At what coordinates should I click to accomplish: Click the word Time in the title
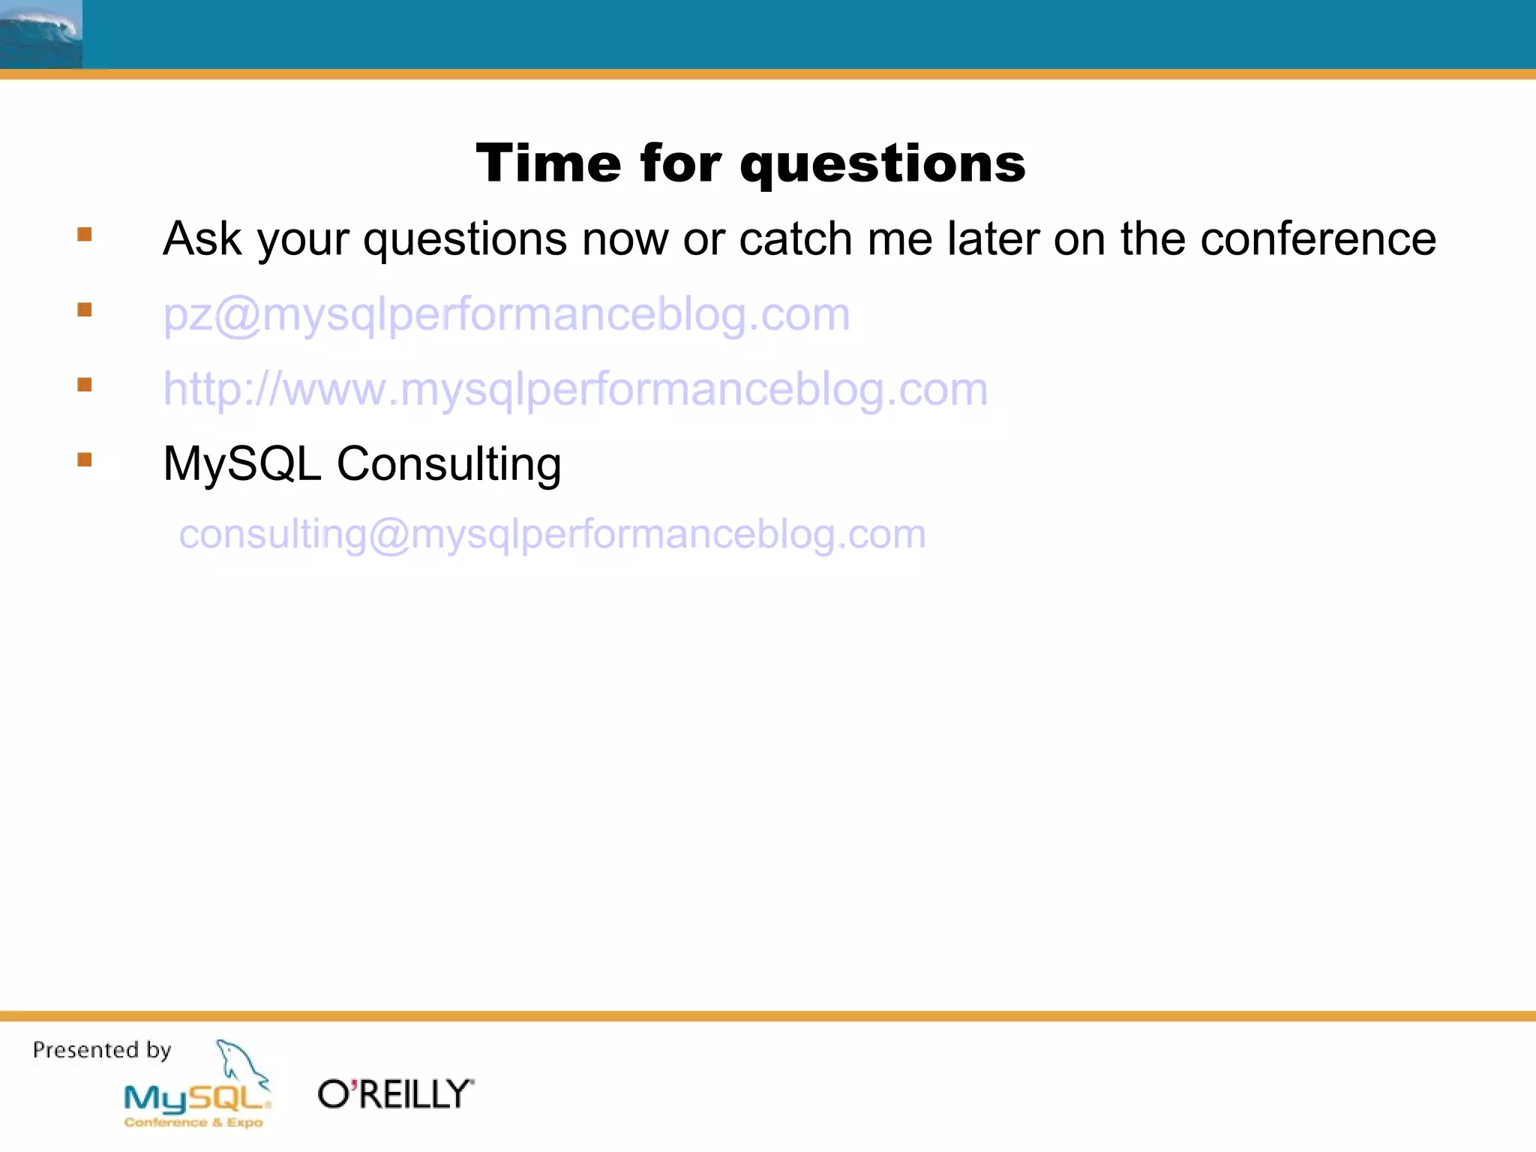(549, 163)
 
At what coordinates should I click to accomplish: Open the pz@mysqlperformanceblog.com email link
(506, 314)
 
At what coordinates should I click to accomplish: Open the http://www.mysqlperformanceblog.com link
(575, 389)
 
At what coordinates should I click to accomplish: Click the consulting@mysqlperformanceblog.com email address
(552, 535)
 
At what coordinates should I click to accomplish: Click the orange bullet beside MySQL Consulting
(85, 459)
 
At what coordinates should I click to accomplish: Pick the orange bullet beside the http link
(85, 385)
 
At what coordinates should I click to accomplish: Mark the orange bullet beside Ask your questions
(85, 235)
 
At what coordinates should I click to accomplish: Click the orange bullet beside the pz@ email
(85, 310)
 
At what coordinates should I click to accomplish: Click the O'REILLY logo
(396, 1094)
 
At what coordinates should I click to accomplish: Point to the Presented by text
(102, 1050)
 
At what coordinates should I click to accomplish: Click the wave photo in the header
(40, 34)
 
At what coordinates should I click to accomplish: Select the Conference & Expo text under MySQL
(193, 1123)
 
